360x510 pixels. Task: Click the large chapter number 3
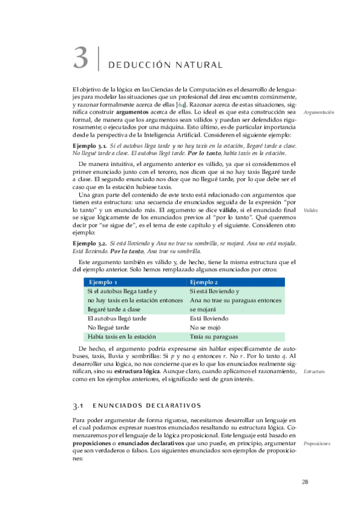pos(81,58)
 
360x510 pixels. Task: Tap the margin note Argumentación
pos(319,112)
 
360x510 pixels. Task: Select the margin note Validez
pos(311,210)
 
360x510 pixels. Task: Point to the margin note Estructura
pos(314,372)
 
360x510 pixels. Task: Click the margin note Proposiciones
pos(317,443)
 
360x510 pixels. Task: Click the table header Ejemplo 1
pos(103,282)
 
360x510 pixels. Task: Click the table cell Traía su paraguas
pos(213,337)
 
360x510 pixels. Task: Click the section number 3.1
pos(80,406)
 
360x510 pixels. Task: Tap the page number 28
pos(305,482)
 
